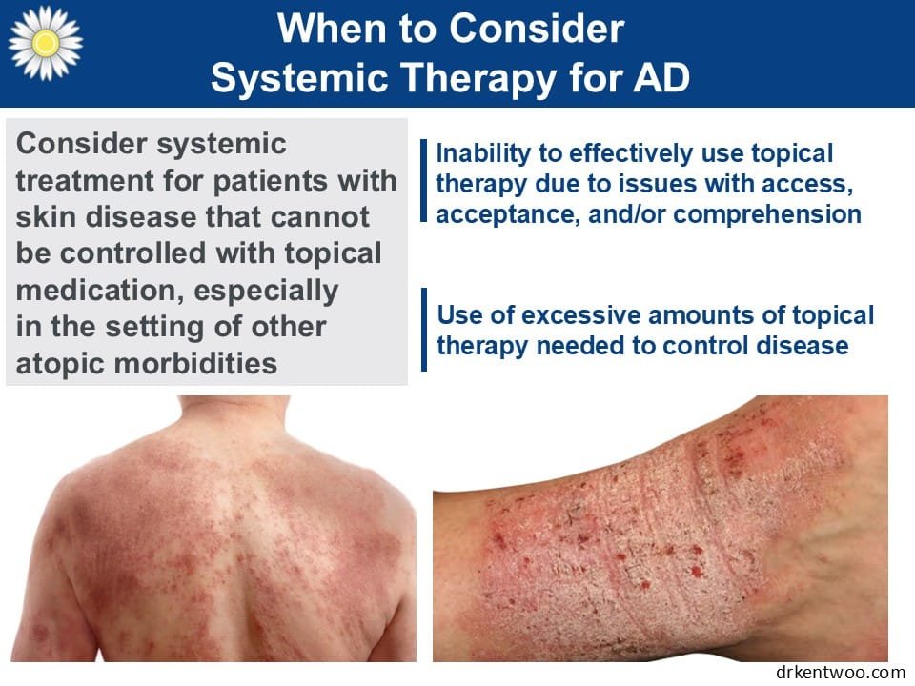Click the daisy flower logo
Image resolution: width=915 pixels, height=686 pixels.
46,43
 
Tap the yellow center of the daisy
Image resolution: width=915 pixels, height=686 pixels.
46,43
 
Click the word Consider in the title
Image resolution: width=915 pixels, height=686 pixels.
537,28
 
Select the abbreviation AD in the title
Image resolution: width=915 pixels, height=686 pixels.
661,77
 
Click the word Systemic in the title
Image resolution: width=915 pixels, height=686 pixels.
299,78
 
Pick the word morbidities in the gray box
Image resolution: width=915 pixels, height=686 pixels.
195,363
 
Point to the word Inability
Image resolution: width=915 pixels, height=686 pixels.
483,154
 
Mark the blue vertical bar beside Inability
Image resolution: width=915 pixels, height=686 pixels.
423,180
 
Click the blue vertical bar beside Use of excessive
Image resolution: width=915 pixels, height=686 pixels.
423,330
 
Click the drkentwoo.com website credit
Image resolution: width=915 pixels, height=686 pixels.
841,672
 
